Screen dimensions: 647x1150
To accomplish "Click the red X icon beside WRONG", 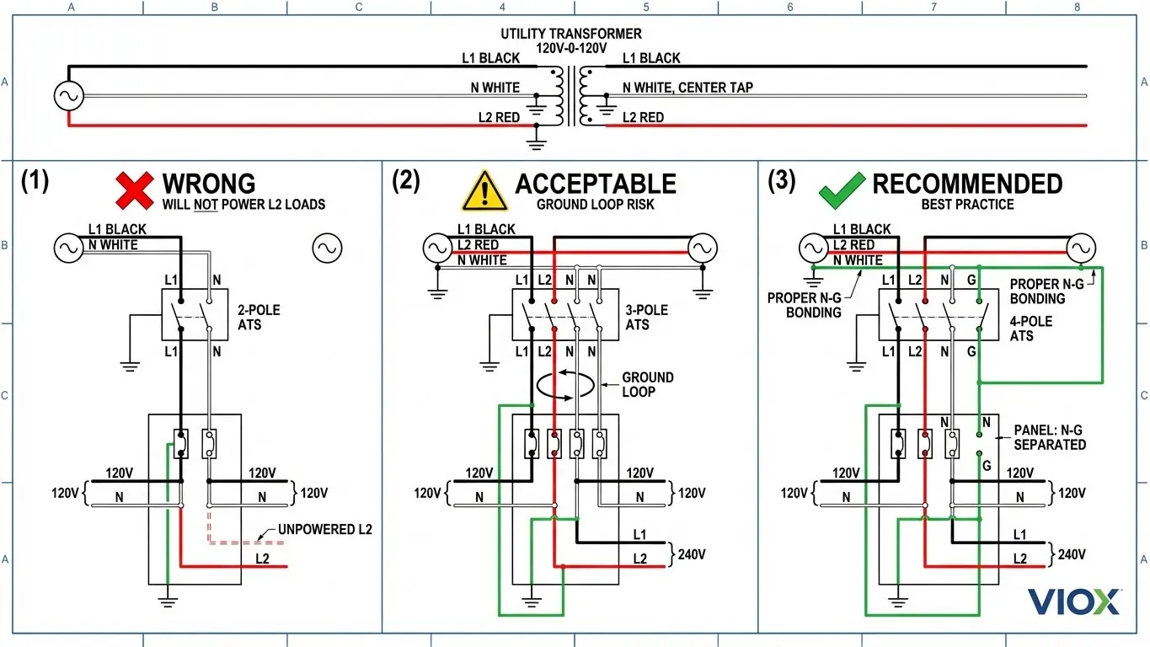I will coord(134,190).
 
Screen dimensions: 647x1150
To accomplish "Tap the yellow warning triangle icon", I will coord(484,190).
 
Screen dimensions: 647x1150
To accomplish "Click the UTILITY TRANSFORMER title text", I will coord(570,34).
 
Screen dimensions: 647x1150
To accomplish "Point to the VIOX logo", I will coord(1073,602).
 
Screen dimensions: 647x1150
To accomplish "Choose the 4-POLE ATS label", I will coord(1031,329).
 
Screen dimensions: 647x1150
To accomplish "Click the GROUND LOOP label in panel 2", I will coord(648,384).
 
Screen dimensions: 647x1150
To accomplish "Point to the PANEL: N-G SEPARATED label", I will coord(1050,437).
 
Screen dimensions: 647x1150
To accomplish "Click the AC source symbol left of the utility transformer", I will coord(68,96).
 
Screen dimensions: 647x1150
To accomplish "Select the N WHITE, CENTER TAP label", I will coord(687,88).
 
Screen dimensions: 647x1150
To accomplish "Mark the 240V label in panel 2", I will coord(692,554).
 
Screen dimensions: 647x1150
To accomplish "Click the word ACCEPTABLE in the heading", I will coord(596,184).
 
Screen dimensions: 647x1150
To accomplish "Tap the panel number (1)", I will coord(35,181).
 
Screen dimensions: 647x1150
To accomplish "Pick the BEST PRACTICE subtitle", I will coord(967,205).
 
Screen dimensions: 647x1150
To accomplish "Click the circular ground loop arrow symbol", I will coord(565,384).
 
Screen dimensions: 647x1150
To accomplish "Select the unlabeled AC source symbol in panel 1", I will coord(327,248).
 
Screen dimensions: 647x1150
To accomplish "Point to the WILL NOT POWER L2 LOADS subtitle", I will coord(243,205).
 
